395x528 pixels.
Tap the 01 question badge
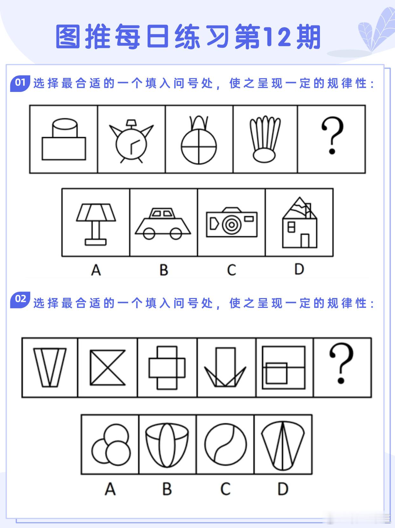pos(20,83)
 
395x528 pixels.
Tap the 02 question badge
pos(20,300)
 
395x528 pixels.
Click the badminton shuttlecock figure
pos(265,139)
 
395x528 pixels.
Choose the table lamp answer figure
pos(96,225)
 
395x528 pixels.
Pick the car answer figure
pos(163,224)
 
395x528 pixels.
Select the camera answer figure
pos(232,222)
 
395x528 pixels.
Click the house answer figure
pos(300,223)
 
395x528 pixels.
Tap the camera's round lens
pos(232,225)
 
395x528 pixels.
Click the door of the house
pos(305,240)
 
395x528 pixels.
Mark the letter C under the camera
pos(232,270)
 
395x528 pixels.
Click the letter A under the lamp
pos(96,270)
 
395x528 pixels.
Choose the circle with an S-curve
pos(225,445)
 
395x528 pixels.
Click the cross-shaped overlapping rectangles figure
pos(167,368)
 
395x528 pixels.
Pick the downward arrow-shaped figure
pos(225,367)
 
